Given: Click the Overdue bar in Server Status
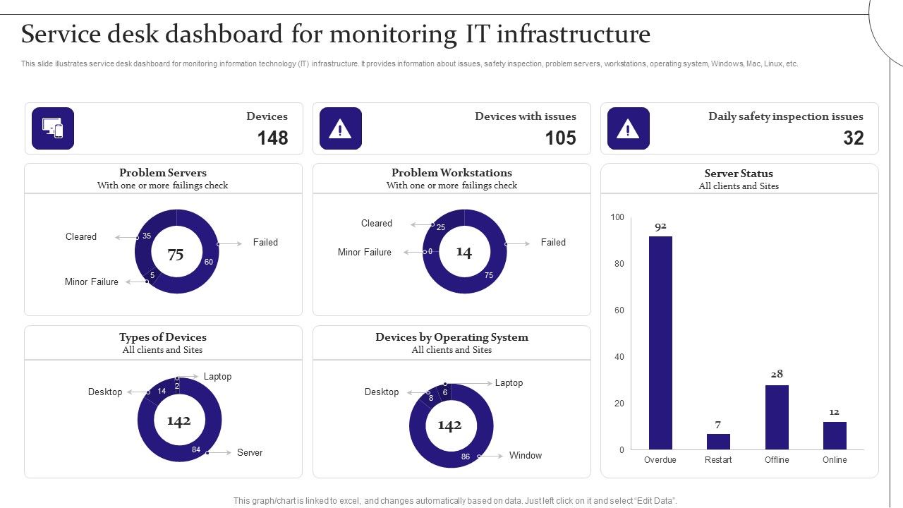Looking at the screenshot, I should click(660, 343).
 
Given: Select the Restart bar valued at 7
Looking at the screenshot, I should click(718, 442).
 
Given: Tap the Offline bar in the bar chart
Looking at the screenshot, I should click(777, 417).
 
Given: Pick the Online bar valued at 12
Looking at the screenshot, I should click(835, 435).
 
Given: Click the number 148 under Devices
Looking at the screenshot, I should click(272, 138).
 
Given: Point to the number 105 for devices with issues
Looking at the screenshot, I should click(560, 138).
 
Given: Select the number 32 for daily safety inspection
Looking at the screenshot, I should click(853, 138).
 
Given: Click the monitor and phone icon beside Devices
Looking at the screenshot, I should click(53, 128).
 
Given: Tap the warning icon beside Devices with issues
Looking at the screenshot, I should click(341, 128).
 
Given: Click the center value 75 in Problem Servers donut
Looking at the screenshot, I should click(176, 255).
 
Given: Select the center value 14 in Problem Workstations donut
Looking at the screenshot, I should click(463, 252).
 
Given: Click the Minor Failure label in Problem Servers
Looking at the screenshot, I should click(92, 282).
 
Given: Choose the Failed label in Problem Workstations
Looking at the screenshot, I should click(553, 242).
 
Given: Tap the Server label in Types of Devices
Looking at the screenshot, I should click(250, 452).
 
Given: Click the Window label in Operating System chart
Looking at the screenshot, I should click(526, 455).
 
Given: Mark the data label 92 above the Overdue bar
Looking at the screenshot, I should click(660, 226).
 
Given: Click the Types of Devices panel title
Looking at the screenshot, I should click(163, 337).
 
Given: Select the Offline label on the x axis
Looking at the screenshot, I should click(777, 460).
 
